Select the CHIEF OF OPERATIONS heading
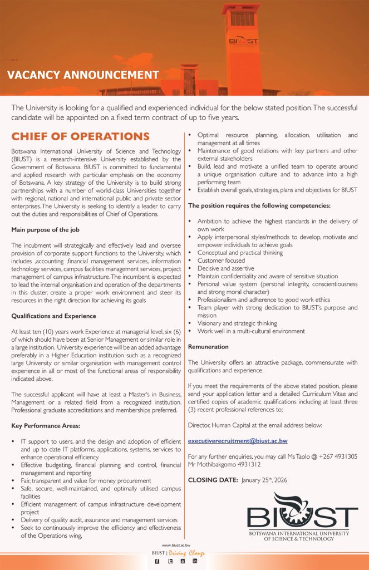coord(81,137)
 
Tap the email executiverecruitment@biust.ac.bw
coord(238,441)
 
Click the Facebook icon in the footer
coord(158,562)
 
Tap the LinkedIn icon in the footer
coord(195,562)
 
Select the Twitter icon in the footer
coord(170,562)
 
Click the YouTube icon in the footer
coord(183,562)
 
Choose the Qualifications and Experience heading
coord(54,316)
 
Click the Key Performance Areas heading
coord(46,426)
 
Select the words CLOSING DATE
coord(213,480)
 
